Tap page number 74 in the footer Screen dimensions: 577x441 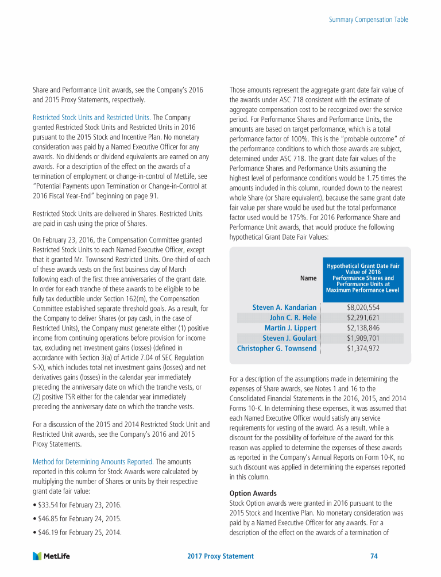click(x=374, y=556)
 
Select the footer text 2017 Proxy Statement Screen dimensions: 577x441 click(x=220, y=556)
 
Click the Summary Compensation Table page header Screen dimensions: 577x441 click(x=369, y=20)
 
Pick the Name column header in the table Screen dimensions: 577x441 click(x=308, y=278)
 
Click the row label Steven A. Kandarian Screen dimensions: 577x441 click(x=284, y=307)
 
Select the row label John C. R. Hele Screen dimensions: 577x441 click(x=293, y=318)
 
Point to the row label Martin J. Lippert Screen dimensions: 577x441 click(x=291, y=328)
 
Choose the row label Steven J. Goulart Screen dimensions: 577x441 click(x=289, y=338)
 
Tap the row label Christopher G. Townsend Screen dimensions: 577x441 click(x=277, y=349)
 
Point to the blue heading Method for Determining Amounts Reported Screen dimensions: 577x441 click(x=92, y=461)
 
